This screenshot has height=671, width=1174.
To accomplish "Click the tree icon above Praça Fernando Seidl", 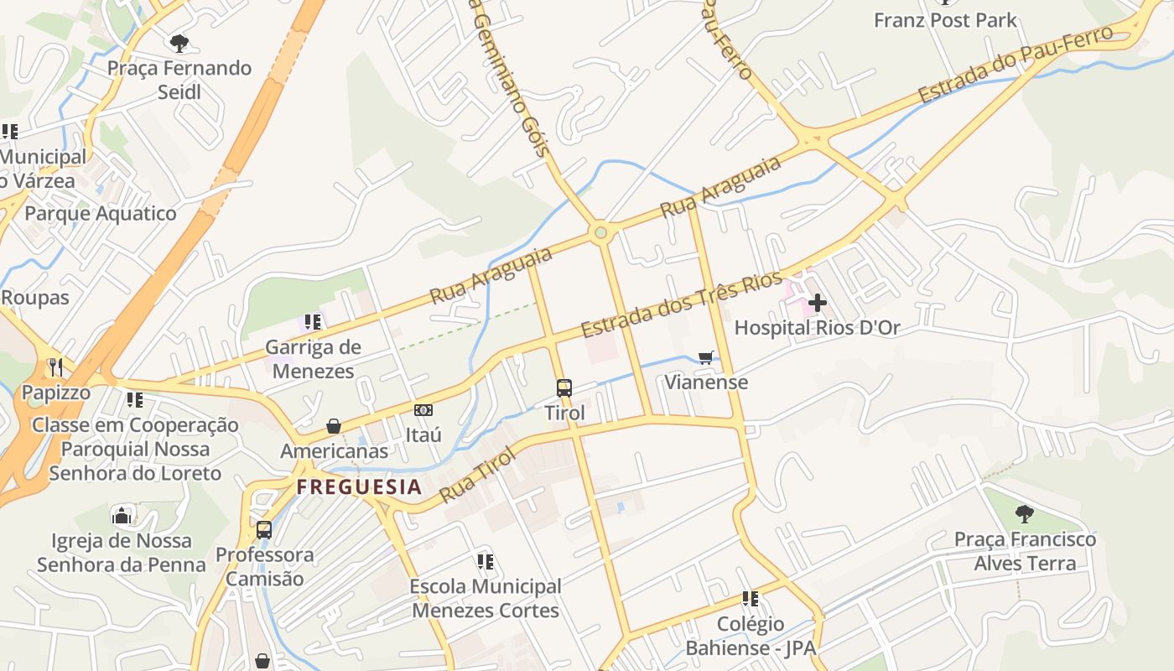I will [x=179, y=43].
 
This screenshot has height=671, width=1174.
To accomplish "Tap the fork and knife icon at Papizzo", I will [x=55, y=367].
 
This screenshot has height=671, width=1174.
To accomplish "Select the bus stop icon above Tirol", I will [x=564, y=388].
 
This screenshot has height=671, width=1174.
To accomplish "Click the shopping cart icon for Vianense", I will [x=706, y=357].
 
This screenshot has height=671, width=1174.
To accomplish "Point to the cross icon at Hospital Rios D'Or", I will [x=817, y=302].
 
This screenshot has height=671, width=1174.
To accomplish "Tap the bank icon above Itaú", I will [x=423, y=409].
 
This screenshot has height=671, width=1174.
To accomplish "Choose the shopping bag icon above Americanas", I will [x=334, y=426].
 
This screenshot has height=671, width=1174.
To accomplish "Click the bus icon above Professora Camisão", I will [x=264, y=529].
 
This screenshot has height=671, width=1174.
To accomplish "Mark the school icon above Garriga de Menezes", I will [x=313, y=321].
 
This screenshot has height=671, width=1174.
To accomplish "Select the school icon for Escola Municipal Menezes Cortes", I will [x=485, y=560].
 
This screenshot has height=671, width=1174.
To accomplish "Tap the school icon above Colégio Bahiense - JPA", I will [x=750, y=598].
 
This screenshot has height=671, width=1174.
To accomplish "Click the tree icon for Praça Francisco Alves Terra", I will [x=1024, y=513].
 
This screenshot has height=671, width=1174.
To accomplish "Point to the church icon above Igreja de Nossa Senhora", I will [x=122, y=515].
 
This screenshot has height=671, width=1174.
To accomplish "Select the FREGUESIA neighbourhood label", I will [x=359, y=486].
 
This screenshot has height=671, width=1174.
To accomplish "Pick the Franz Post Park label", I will [x=945, y=20].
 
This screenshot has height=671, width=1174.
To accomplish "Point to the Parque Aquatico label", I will [x=101, y=213].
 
